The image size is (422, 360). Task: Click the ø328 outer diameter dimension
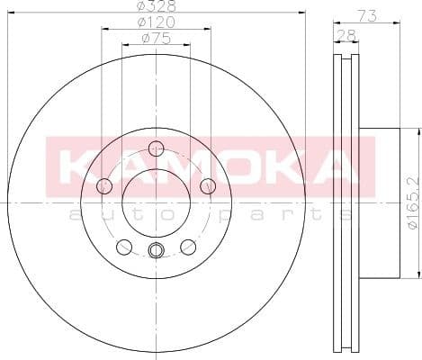(x=156, y=6)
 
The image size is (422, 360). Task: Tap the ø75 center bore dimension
(x=156, y=39)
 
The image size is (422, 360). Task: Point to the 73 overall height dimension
(x=366, y=14)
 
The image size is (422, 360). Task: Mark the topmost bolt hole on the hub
(x=157, y=148)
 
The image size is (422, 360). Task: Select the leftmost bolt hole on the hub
(x=103, y=186)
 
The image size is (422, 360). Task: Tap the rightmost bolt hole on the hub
(x=209, y=186)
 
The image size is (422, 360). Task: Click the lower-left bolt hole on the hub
(x=124, y=247)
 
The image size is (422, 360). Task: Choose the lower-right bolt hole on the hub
(x=188, y=247)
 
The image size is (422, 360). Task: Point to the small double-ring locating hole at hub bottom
(x=156, y=251)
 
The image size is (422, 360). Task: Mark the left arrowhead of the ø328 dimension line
(x=11, y=13)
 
